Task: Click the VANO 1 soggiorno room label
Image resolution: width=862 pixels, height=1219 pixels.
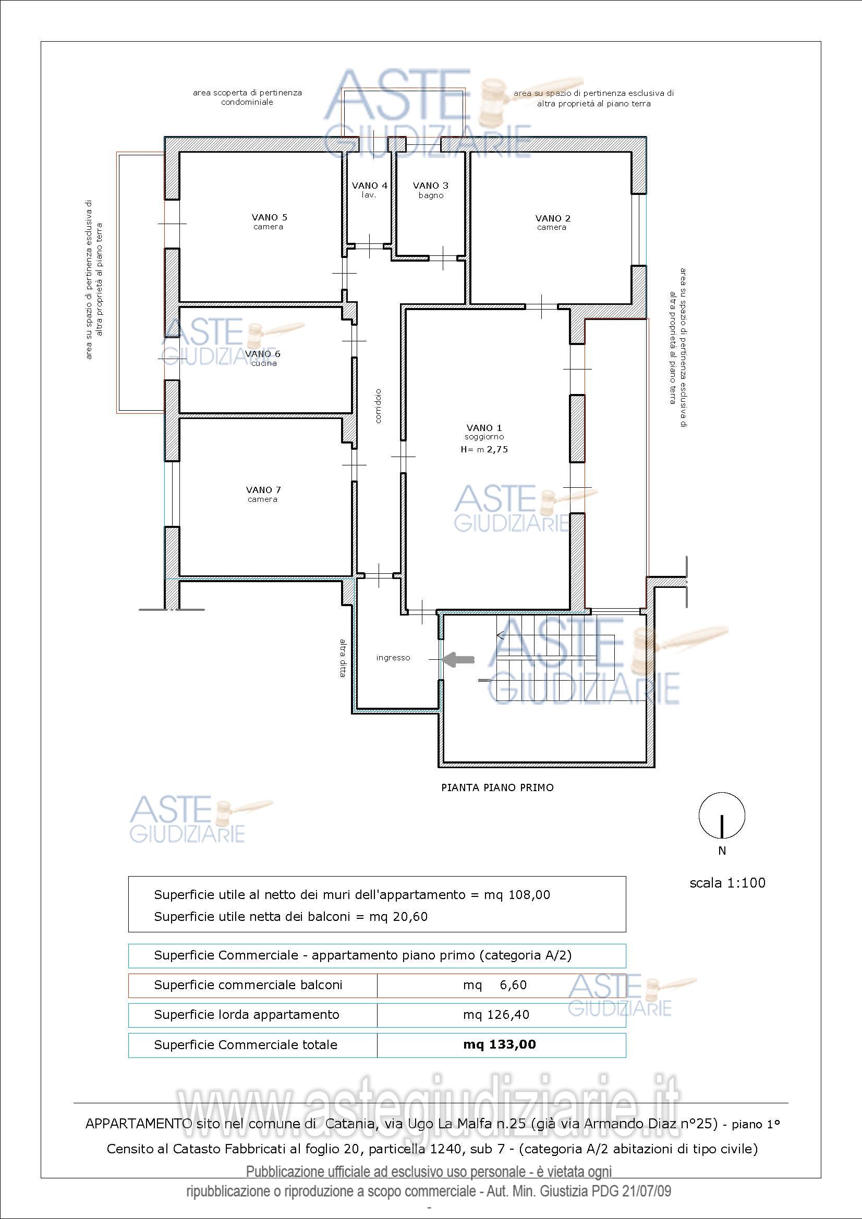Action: tap(484, 432)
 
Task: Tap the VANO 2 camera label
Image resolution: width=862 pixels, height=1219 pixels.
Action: tap(552, 223)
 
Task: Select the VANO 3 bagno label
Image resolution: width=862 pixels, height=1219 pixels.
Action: tap(431, 190)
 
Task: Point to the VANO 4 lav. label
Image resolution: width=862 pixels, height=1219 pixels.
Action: tap(369, 190)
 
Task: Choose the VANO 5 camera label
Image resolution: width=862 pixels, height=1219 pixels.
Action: tap(269, 221)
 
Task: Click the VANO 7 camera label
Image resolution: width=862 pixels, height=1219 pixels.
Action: tap(263, 494)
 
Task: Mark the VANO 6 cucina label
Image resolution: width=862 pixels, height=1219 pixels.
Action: tap(263, 358)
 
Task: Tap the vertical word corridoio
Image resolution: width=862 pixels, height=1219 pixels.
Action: tap(378, 406)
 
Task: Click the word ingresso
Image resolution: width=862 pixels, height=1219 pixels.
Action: tap(393, 658)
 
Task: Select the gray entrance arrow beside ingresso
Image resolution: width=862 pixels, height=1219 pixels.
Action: tap(458, 659)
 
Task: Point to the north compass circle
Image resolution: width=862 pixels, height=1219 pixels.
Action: tap(721, 816)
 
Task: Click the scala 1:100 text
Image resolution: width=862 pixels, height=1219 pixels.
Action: tap(727, 883)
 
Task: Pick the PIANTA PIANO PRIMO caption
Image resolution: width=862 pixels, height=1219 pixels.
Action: tap(497, 787)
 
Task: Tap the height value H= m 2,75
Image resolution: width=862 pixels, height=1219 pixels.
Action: tap(484, 449)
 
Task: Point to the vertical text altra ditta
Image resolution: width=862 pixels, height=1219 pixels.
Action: tap(343, 657)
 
